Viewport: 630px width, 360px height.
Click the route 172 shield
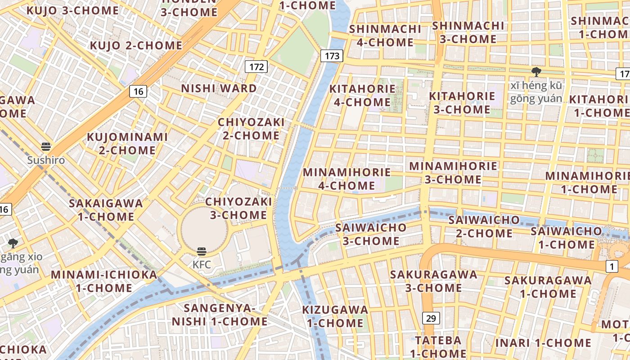256,67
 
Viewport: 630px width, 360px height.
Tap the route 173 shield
332,56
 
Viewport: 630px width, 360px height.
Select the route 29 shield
431,318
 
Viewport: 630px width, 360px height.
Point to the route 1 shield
612,266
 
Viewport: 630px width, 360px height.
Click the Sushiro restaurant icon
46,147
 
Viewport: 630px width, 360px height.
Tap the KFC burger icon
202,252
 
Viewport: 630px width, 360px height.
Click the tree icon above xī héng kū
536,72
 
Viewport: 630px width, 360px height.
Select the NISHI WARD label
219,88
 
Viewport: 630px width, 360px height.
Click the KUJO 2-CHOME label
136,45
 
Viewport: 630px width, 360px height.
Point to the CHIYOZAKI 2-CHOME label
251,129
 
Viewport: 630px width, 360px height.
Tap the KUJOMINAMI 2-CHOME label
127,143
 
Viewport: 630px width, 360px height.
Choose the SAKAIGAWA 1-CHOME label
106,210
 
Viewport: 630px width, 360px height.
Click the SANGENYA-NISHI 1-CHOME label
220,315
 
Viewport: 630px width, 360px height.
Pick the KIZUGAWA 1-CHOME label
335,316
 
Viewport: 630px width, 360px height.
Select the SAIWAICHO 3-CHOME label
371,234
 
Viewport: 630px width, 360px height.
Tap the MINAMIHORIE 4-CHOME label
346,179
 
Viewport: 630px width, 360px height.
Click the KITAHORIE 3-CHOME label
462,103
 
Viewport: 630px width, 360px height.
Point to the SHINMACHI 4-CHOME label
385,36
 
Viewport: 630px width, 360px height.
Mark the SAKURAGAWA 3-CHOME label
434,281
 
